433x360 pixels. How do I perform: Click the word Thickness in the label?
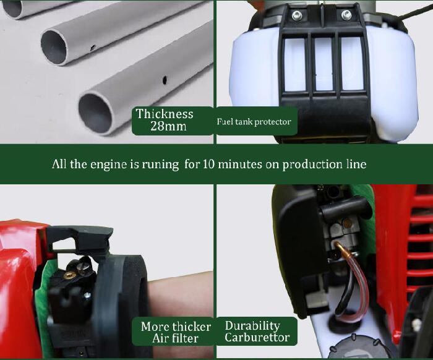click(x=165, y=114)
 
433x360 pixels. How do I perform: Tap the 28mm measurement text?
click(x=168, y=126)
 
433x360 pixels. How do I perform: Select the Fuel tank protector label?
click(x=254, y=122)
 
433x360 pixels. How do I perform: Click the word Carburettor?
click(x=257, y=337)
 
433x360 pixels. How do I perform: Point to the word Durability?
click(x=252, y=326)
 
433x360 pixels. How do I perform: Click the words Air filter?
click(x=175, y=338)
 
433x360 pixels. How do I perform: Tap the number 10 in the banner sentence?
click(x=209, y=165)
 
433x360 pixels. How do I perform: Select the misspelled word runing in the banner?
click(x=160, y=165)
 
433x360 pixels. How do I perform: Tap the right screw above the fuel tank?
click(x=346, y=15)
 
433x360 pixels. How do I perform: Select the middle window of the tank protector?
click(x=324, y=64)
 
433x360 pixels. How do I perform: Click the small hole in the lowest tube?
click(x=165, y=80)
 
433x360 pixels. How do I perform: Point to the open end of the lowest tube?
click(x=95, y=113)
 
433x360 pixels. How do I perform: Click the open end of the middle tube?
click(x=54, y=47)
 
